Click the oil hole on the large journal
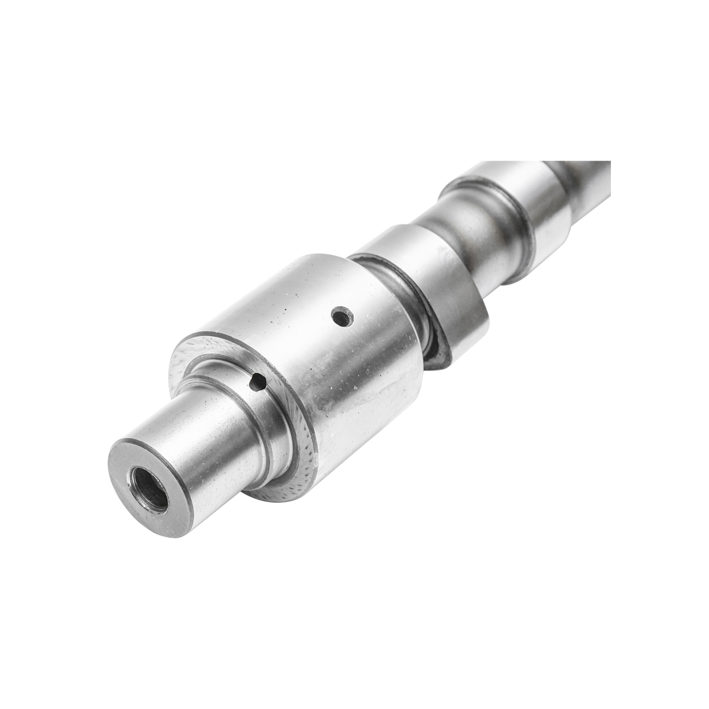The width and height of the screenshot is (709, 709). (x=341, y=317)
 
